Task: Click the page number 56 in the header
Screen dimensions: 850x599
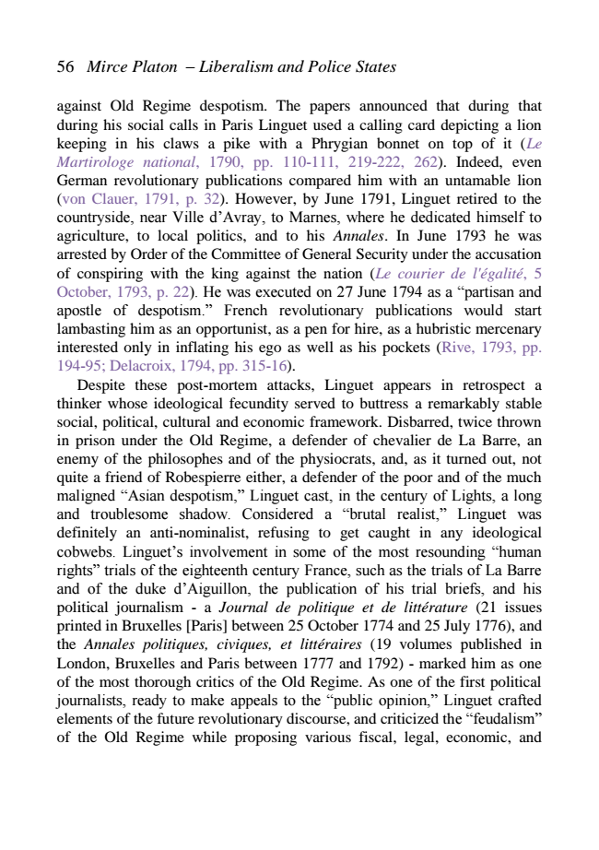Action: (65, 66)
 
